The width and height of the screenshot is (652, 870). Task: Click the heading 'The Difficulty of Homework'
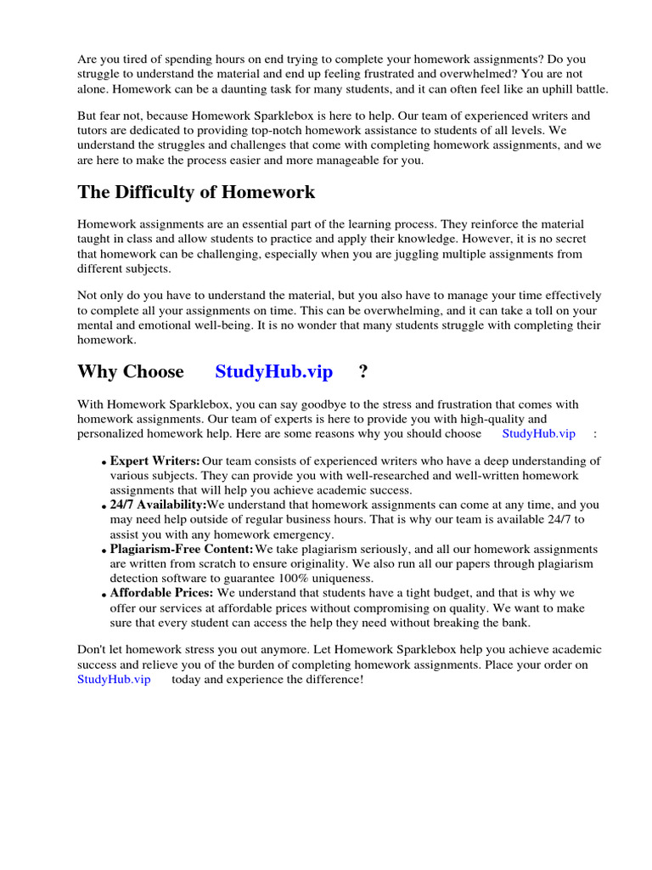coord(196,192)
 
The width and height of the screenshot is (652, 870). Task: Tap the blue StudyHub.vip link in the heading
coord(273,371)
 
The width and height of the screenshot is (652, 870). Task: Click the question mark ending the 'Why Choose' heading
coord(363,371)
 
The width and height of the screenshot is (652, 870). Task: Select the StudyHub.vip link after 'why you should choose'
coord(538,433)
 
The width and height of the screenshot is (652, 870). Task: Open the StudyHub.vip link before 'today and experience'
coord(114,680)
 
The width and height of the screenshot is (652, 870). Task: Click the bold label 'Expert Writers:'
coord(155,461)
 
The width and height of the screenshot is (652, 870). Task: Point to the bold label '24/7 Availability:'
coord(159,505)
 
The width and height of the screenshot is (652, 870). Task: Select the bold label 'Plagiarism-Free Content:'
coord(182,549)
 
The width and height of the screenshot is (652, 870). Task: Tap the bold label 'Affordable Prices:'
coord(162,592)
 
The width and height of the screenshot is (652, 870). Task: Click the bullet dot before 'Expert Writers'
coord(104,463)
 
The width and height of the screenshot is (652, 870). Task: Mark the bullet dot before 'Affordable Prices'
coord(104,594)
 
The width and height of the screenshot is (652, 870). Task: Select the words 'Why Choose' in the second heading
coord(130,371)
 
